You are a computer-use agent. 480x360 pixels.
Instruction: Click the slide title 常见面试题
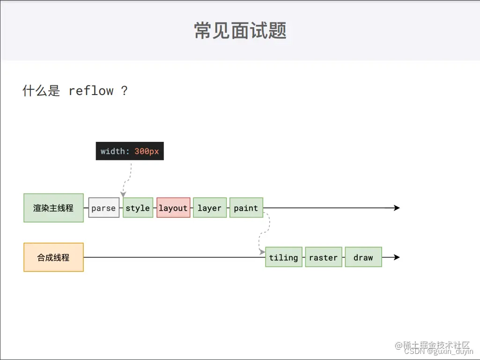[x=240, y=31]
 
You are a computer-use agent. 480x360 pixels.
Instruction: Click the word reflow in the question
[x=91, y=90]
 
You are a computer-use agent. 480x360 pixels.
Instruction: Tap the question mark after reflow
[x=124, y=90]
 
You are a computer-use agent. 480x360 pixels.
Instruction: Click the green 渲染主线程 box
[x=53, y=208]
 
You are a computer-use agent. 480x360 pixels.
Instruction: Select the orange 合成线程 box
[x=53, y=257]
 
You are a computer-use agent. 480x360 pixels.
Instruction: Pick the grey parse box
[x=103, y=208]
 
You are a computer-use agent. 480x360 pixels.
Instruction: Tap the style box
[x=138, y=208]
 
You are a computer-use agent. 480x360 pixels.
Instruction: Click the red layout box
[x=173, y=208]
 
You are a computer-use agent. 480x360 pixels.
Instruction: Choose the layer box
[x=209, y=208]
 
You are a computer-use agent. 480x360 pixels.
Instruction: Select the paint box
[x=246, y=208]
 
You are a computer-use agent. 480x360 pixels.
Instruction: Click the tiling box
[x=283, y=257]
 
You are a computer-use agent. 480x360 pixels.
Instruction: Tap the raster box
[x=323, y=257]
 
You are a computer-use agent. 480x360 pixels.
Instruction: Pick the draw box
[x=363, y=257]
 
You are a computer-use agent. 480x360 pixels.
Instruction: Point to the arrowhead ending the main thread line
[x=397, y=208]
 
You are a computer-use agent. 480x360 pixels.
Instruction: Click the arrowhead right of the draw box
[x=397, y=257]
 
